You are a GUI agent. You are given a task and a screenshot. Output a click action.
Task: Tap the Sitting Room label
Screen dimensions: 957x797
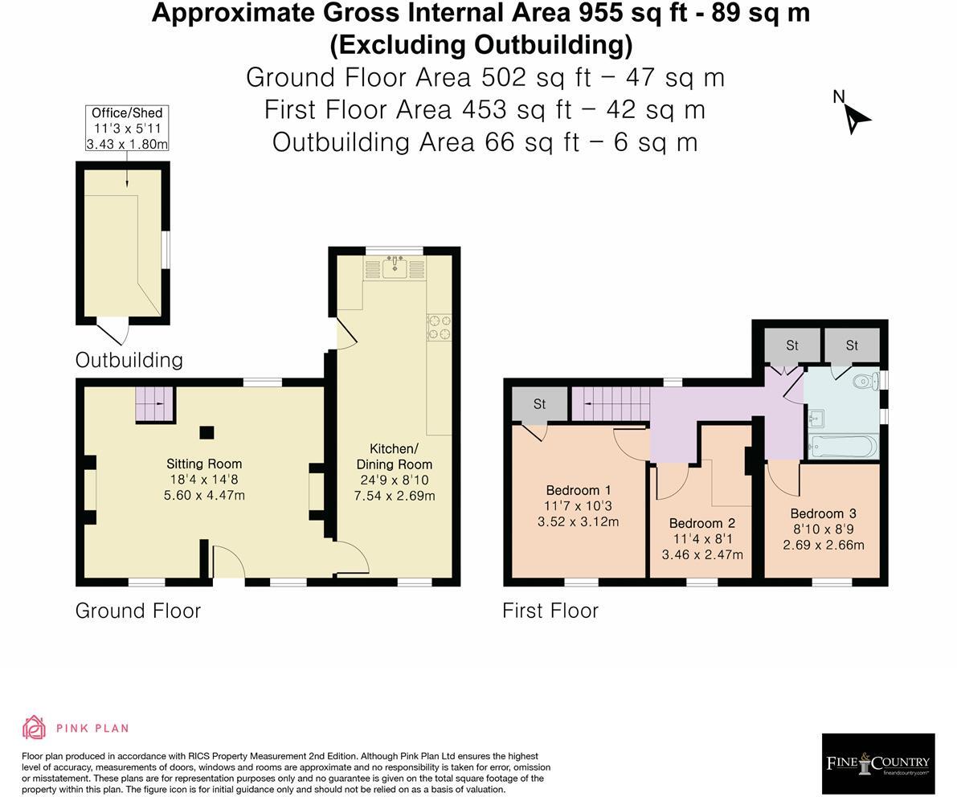(204, 464)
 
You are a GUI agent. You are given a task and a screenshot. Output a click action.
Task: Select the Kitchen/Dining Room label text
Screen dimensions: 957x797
(395, 456)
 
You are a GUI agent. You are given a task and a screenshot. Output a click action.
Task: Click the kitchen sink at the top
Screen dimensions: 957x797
(395, 268)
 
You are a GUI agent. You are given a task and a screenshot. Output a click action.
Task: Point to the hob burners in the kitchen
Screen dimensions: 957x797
(439, 327)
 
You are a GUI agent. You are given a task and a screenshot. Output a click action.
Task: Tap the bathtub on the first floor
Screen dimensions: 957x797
(844, 448)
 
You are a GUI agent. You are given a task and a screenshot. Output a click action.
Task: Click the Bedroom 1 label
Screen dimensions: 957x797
(578, 490)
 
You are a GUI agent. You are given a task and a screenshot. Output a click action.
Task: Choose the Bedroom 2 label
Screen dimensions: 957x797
(702, 523)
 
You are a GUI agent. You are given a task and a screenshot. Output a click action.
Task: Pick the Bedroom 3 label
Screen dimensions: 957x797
(824, 513)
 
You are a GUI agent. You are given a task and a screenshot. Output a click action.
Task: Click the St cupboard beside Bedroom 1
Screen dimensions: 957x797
(539, 404)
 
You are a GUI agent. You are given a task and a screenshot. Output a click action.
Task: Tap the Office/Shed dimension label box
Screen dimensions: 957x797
(127, 129)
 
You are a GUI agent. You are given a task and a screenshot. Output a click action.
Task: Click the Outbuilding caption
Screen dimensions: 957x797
(129, 360)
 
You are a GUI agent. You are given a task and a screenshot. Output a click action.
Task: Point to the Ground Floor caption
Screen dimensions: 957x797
(138, 611)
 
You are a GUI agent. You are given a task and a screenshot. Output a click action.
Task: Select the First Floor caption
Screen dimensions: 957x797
(550, 611)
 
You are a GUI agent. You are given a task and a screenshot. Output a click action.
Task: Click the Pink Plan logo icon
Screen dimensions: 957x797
(35, 727)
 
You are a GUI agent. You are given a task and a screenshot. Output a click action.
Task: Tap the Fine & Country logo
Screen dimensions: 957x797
(878, 762)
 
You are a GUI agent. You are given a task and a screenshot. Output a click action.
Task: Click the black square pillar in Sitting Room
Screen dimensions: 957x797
(207, 432)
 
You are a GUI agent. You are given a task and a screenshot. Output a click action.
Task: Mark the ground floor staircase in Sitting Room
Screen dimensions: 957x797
(155, 404)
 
